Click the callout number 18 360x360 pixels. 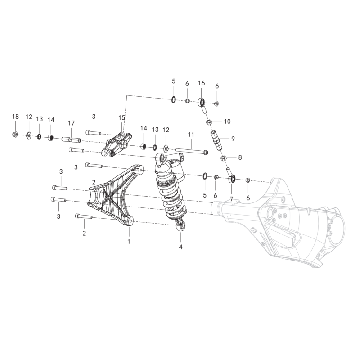(x=15, y=117)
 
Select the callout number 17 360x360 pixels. (x=72, y=123)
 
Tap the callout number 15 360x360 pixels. (x=121, y=118)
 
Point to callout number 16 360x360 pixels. (x=201, y=83)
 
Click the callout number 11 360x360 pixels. (x=191, y=135)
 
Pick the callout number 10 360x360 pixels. (x=227, y=121)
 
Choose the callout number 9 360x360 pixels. (x=233, y=139)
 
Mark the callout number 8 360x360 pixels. (x=240, y=157)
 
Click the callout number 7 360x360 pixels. (x=231, y=199)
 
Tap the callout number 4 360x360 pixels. (x=181, y=247)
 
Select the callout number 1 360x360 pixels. (x=129, y=242)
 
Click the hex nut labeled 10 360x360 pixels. (x=209, y=121)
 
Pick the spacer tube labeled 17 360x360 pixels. (x=71, y=139)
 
